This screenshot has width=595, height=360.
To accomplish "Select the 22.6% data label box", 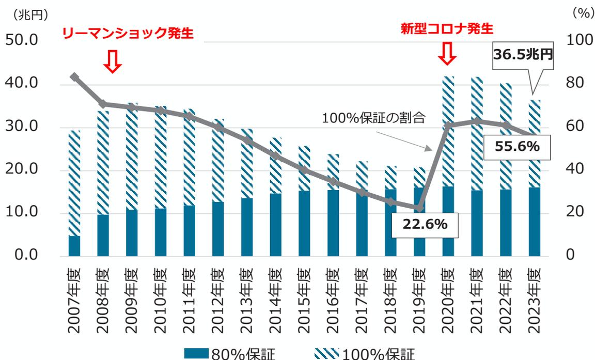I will [419, 225].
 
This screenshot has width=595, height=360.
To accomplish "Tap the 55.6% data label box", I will [517, 147].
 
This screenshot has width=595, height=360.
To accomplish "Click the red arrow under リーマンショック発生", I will [113, 61].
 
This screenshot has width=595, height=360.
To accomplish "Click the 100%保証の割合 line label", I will [373, 118].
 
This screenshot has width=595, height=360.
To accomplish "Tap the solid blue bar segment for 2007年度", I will [75, 245].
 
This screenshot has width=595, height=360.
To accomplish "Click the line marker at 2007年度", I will [75, 77].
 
